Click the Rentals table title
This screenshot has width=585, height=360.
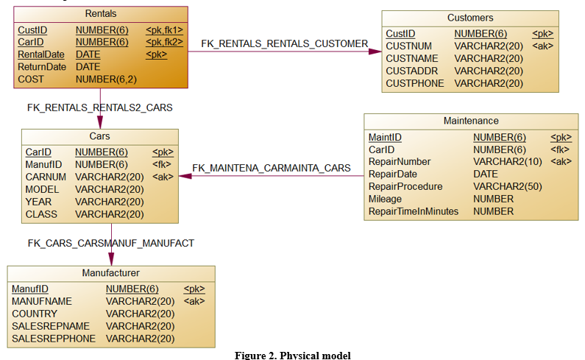coord(101,13)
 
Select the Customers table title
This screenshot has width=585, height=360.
coord(470,18)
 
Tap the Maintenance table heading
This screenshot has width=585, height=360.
coord(471,121)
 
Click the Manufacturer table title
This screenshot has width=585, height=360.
coord(111,273)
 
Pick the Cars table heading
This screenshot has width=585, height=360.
coord(99,136)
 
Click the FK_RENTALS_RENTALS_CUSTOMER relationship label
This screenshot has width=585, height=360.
coord(284,44)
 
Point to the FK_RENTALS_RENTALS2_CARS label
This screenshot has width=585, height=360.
coord(99,107)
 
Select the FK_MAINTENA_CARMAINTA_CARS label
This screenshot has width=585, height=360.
coord(272,168)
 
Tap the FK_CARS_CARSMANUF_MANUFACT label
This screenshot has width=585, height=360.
coord(111,242)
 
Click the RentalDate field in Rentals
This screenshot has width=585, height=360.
coord(41,54)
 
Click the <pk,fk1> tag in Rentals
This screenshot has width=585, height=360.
coord(164,30)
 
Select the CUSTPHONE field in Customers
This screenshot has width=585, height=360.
coord(415,83)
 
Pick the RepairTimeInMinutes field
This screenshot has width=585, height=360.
coord(414,211)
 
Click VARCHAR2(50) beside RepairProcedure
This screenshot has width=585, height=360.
coord(507,186)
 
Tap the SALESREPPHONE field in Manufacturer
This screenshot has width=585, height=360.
coord(54,339)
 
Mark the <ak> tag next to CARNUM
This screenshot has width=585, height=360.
coord(162,177)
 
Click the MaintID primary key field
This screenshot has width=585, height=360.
coord(385,137)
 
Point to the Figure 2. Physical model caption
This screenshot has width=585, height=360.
coord(293,356)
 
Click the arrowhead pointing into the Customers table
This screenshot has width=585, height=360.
coord(377,52)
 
